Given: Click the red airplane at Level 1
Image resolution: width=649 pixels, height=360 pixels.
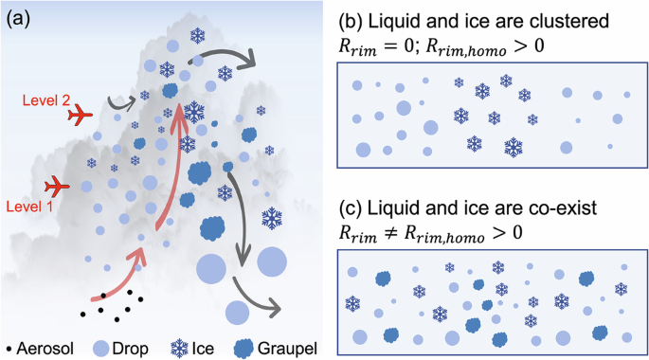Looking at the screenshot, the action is (58, 186).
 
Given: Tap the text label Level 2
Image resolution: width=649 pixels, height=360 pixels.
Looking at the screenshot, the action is (47, 98).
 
